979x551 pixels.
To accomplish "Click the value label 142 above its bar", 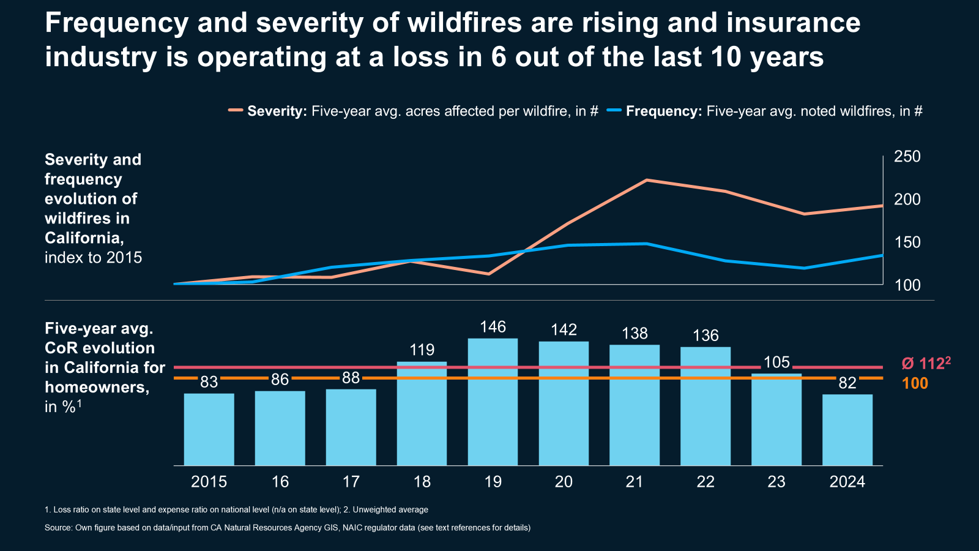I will pyautogui.click(x=564, y=330).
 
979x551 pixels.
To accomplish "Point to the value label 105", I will pyautogui.click(x=776, y=362).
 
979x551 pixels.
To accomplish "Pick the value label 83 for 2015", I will pyautogui.click(x=209, y=382).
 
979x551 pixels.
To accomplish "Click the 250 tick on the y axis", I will pyautogui.click(x=907, y=157).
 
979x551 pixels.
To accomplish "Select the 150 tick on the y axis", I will pyautogui.click(x=907, y=242).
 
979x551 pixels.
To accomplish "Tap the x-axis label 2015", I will pyautogui.click(x=209, y=482).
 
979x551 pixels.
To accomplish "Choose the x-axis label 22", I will pyautogui.click(x=705, y=482).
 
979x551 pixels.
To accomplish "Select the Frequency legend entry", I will pyautogui.click(x=765, y=111).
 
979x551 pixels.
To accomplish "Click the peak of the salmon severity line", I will pyautogui.click(x=647, y=181).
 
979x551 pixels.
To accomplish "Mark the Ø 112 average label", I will pyautogui.click(x=926, y=364).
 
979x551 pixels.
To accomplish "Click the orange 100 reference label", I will pyautogui.click(x=915, y=384).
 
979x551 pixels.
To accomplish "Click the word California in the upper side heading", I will pyautogui.click(x=84, y=238).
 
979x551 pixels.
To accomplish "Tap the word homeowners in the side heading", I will pyautogui.click(x=97, y=387).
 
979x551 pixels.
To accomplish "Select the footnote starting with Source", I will pyautogui.click(x=288, y=528).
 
